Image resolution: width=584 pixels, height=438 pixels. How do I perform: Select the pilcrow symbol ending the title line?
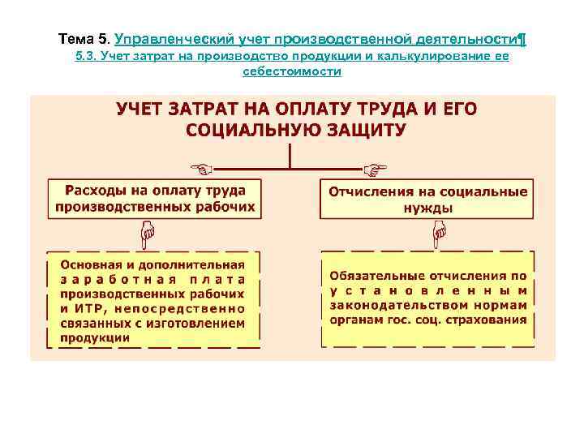522,38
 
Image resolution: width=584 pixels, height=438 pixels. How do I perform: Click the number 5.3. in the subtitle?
85,57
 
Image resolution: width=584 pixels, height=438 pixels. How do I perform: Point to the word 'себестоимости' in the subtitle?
292,71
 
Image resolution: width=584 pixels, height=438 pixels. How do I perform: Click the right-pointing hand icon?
375,169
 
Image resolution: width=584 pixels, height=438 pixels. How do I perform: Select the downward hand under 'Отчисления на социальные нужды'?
439,236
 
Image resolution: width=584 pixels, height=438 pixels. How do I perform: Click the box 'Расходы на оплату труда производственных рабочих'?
154,198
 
